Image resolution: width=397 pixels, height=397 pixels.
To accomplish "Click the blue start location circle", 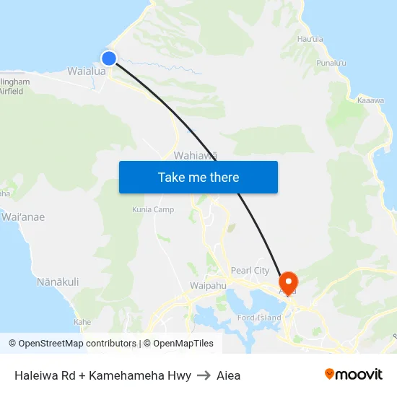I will pos(109,58).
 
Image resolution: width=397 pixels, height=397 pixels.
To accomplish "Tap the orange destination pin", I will pos(288,282).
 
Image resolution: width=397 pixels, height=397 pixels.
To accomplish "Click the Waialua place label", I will pos(87,71).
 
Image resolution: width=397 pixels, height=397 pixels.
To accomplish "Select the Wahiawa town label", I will pos(195,155).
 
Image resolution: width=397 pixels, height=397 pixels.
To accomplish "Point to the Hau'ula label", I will pos(310,39).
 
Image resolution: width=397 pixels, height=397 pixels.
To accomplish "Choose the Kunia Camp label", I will pos(152,209).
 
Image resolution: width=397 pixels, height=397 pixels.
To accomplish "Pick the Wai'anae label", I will pos(22,217).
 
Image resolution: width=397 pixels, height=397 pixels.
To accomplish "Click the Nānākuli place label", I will pos(58,282).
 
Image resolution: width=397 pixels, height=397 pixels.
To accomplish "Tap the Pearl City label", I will pos(250,271).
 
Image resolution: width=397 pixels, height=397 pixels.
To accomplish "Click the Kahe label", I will pos(82,322).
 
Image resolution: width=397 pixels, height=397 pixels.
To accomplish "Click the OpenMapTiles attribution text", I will pos(183,344).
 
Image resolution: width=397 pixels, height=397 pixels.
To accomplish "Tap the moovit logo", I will pos(353,374).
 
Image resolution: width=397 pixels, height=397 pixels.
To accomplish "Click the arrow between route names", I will pos(204,375).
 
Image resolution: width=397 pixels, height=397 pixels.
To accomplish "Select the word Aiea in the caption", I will pos(228,375).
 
